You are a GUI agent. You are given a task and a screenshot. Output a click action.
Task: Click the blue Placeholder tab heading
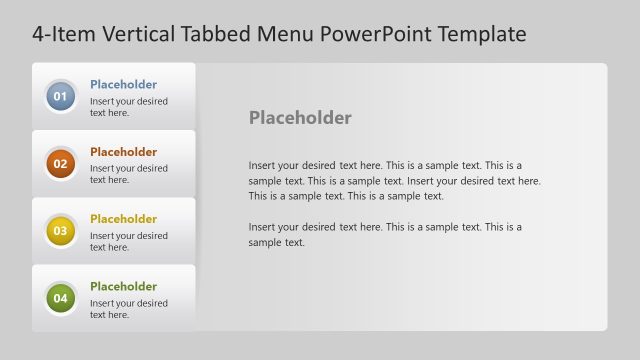[123, 85]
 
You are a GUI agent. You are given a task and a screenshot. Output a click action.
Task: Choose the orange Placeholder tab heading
[123, 152]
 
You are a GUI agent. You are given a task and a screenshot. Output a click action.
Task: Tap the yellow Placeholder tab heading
[123, 219]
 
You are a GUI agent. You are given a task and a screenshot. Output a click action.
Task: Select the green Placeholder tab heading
[123, 286]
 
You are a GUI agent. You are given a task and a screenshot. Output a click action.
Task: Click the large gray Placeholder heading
[300, 118]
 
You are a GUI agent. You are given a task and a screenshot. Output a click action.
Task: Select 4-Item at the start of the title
[62, 35]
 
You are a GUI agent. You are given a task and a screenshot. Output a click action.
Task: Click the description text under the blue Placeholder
[128, 107]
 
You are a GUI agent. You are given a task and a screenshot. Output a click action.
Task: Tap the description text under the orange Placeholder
[128, 174]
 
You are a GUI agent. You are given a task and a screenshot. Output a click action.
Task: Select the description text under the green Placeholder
[128, 308]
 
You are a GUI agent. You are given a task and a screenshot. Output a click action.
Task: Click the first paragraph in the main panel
[394, 180]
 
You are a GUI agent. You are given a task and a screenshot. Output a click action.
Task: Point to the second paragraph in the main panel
[385, 234]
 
